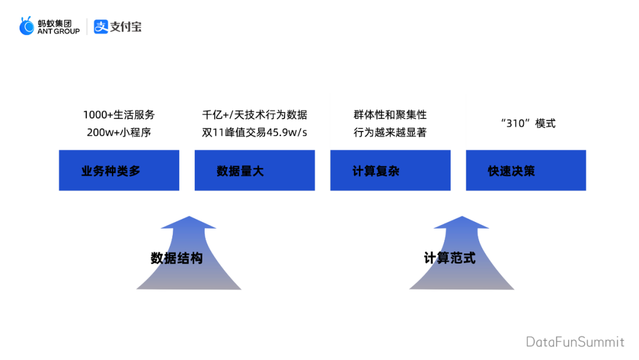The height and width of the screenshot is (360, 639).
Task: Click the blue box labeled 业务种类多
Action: (119, 171)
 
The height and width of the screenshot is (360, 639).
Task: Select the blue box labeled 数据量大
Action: (254, 171)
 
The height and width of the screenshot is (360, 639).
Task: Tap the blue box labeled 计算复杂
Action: (390, 171)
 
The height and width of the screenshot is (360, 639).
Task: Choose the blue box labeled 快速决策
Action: (525, 171)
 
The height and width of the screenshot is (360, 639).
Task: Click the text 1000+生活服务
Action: (119, 115)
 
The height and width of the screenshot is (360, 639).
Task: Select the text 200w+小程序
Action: (119, 132)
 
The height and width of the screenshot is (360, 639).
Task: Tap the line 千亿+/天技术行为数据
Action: (254, 115)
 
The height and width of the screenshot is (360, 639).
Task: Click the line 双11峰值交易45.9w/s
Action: (254, 132)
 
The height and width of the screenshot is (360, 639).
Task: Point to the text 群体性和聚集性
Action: (390, 115)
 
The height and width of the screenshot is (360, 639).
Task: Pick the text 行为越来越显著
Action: (390, 132)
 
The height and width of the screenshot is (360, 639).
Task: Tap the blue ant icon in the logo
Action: (27, 27)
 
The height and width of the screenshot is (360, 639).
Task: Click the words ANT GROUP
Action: (58, 31)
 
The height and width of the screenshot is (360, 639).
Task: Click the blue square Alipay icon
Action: (101, 27)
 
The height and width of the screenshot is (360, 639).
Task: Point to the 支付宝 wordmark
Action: (126, 27)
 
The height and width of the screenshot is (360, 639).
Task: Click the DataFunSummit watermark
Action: (575, 342)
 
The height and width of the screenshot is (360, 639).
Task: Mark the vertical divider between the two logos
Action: (88, 27)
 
